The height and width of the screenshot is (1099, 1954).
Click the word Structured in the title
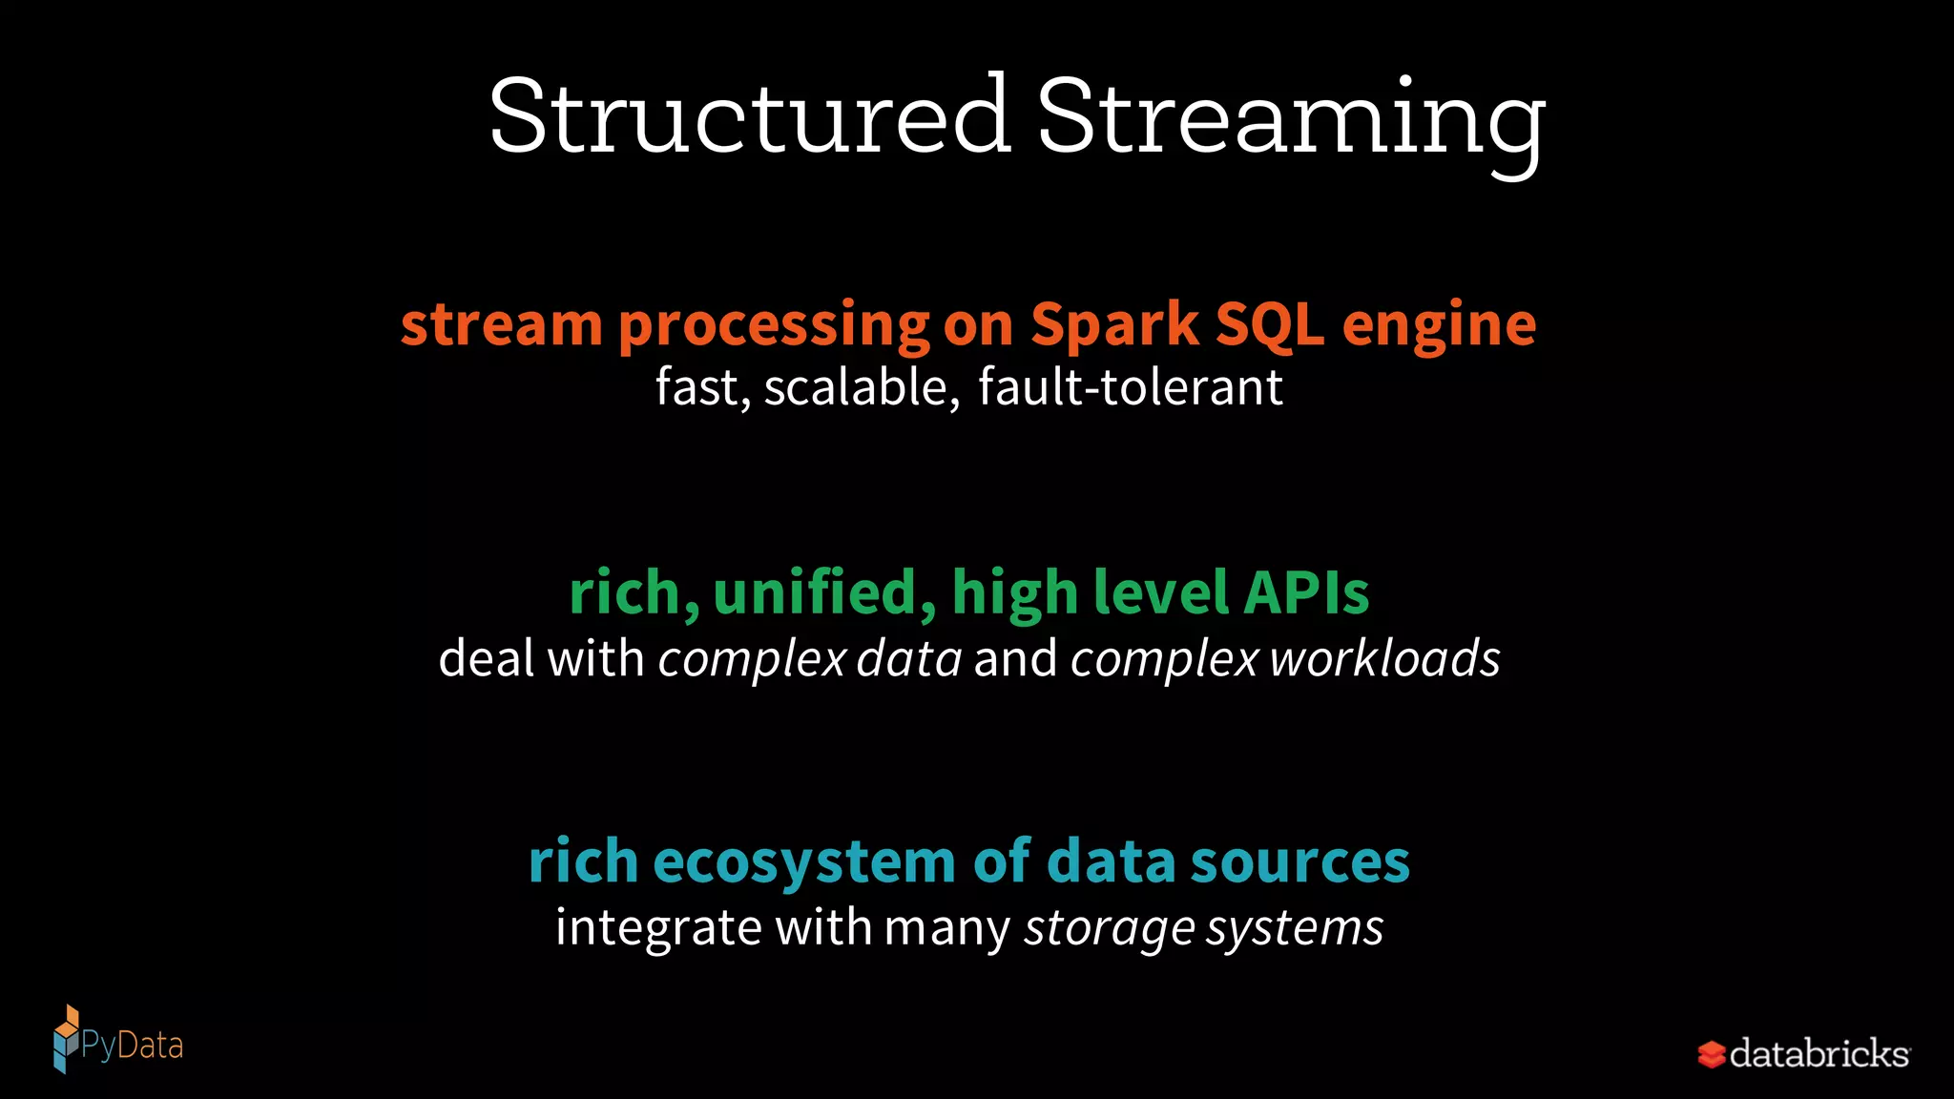click(x=750, y=116)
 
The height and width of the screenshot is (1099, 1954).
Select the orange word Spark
click(x=1114, y=324)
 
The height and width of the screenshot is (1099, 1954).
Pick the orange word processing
click(x=774, y=326)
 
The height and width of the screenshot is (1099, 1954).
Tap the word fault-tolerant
click(x=1131, y=387)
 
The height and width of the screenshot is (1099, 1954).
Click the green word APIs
click(x=1306, y=592)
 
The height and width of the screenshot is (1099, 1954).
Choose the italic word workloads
click(x=1385, y=659)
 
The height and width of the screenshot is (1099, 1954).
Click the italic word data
click(x=909, y=659)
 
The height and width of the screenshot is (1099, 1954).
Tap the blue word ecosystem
click(x=804, y=861)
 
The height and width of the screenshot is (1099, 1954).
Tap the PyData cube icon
click(x=66, y=1040)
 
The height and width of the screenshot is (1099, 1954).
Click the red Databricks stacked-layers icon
click(x=1712, y=1054)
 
